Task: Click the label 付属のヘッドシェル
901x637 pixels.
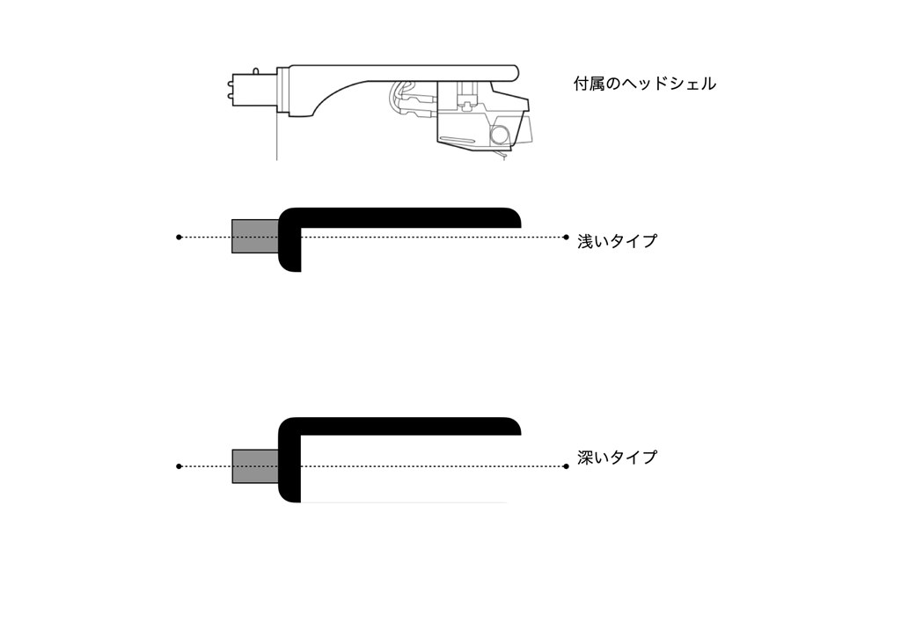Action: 645,84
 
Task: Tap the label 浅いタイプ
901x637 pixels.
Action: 617,241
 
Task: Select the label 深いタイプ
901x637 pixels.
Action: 617,458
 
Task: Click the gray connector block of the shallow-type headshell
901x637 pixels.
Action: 255,236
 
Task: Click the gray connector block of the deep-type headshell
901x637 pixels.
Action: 255,466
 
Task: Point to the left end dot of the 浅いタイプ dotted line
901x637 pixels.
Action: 179,237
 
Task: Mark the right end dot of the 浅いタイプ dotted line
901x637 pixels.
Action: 567,237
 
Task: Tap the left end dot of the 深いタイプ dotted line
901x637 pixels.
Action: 179,466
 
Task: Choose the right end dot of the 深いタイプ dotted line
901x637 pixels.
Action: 567,466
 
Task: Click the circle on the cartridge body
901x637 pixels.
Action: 499,135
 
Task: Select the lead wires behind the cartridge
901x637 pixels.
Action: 412,101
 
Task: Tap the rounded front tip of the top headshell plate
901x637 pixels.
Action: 515,72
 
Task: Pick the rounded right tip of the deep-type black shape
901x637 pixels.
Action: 515,427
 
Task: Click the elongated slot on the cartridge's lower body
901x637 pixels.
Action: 458,140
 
